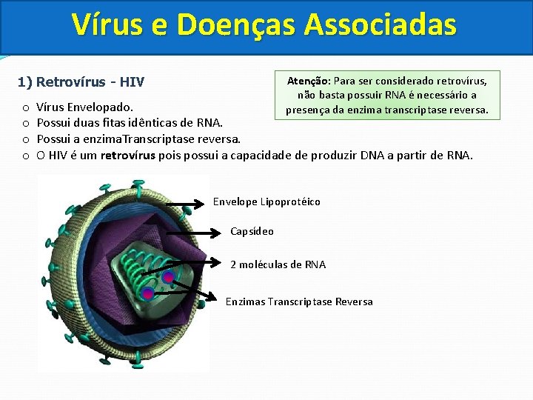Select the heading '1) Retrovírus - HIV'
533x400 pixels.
tap(81, 81)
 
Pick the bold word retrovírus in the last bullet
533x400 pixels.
tap(127, 155)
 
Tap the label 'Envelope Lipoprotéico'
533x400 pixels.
tap(266, 202)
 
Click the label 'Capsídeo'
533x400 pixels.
tap(252, 232)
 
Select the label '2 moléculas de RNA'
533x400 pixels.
tap(278, 264)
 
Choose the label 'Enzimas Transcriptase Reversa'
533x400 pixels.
tap(299, 301)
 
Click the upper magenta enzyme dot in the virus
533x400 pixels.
tap(169, 278)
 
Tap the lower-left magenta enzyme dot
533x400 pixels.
tap(148, 294)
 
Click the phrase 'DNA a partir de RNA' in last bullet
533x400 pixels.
tap(416, 155)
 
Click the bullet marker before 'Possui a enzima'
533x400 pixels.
tap(25, 139)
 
